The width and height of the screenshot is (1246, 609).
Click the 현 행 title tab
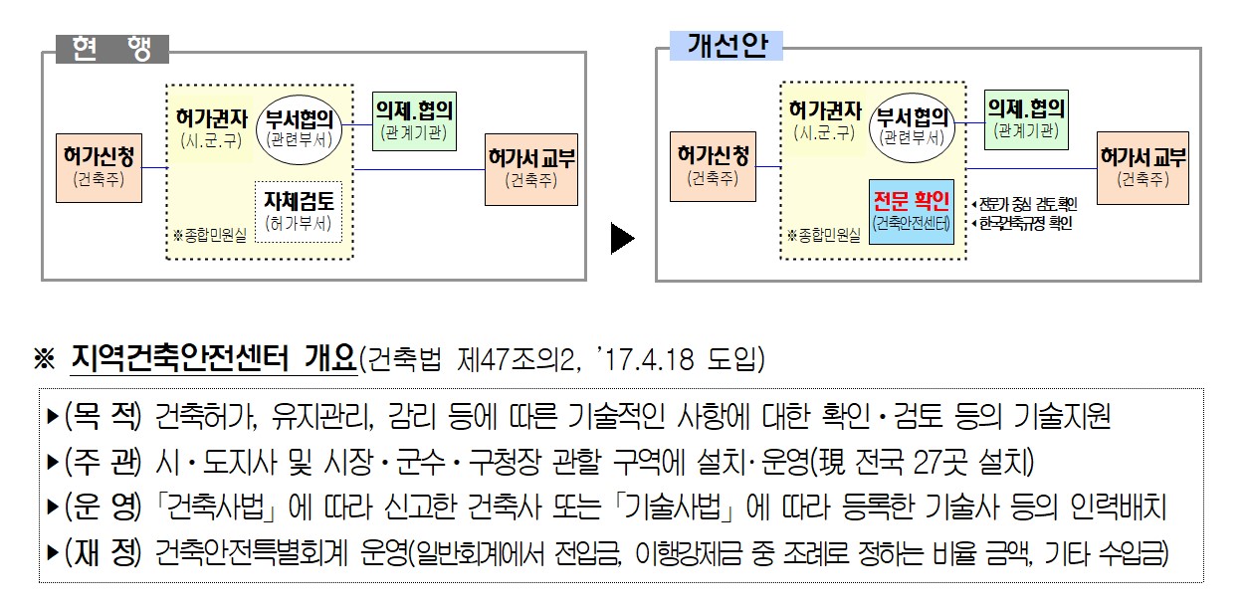pyautogui.click(x=111, y=49)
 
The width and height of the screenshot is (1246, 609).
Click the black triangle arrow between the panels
pyautogui.click(x=622, y=240)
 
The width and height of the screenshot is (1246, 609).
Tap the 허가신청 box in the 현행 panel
pyautogui.click(x=98, y=167)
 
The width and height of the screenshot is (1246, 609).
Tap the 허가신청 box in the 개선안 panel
pyautogui.click(x=714, y=166)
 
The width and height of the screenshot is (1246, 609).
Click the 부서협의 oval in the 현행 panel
pyautogui.click(x=299, y=126)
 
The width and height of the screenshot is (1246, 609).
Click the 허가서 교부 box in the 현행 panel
pyautogui.click(x=531, y=168)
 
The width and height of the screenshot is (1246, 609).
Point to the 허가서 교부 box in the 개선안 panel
pyautogui.click(x=1143, y=167)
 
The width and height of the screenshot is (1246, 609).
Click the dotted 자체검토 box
pyautogui.click(x=299, y=211)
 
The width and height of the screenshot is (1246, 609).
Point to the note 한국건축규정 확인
pyautogui.click(x=1025, y=224)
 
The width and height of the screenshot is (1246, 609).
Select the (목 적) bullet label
pyautogui.click(x=104, y=417)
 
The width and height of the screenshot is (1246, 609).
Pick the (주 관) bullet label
pyautogui.click(x=104, y=462)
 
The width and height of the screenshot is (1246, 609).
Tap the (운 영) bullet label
pyautogui.click(x=104, y=507)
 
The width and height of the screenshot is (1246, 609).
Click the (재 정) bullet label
pyautogui.click(x=104, y=553)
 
